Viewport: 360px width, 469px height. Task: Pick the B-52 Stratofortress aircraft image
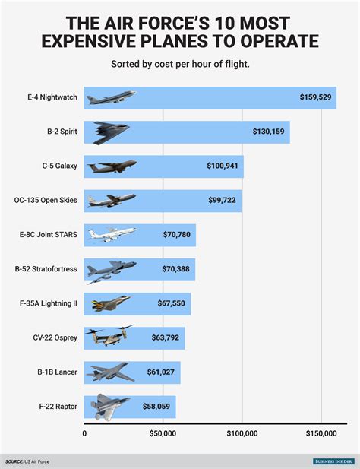[111, 269]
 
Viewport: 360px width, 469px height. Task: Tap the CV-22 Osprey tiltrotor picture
[109, 337]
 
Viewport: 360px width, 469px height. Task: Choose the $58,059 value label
[158, 406]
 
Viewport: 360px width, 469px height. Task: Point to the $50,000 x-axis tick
[163, 434]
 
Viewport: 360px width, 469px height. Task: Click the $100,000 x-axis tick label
[242, 434]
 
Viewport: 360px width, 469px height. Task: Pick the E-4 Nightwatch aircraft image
[111, 97]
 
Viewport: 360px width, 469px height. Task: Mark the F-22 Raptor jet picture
[111, 406]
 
